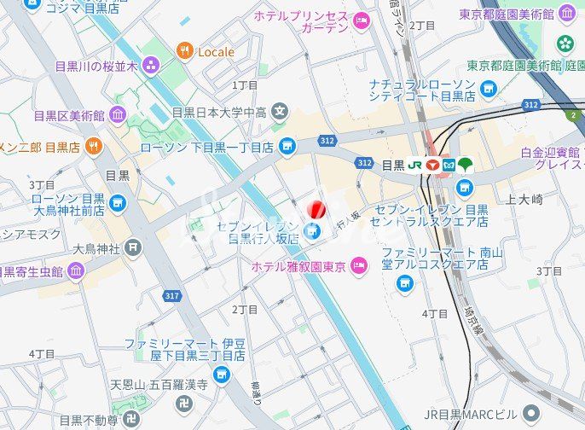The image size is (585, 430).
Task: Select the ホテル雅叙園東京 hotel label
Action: (298, 267)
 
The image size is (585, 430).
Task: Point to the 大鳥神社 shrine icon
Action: (133, 248)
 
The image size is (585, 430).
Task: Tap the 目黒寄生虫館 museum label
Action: (32, 272)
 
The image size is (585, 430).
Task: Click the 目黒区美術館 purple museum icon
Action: (118, 114)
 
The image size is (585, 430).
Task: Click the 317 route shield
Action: (173, 295)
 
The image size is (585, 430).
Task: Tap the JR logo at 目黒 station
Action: (415, 165)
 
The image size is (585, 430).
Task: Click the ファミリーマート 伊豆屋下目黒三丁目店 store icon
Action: (222, 373)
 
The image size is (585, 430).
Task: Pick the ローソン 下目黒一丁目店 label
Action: (207, 148)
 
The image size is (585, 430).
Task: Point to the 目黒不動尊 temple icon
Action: (131, 419)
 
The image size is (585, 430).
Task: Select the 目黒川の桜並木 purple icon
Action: (151, 65)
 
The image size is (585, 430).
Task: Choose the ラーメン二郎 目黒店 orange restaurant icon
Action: (94, 147)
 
